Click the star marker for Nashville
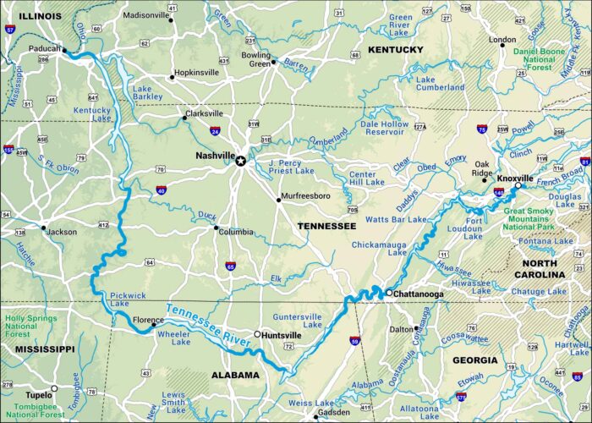pyautogui.click(x=241, y=161)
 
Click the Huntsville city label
pyautogui.click(x=283, y=334)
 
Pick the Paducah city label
pyautogui.click(x=47, y=48)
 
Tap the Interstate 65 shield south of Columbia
pyautogui.click(x=230, y=266)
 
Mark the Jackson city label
pyautogui.click(x=60, y=231)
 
